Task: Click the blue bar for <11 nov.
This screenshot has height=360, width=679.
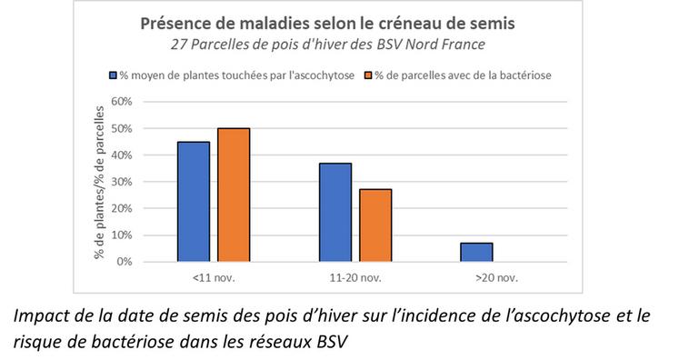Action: click(193, 202)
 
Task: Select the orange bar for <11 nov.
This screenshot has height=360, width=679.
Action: click(234, 195)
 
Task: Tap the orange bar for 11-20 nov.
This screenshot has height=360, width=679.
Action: click(375, 225)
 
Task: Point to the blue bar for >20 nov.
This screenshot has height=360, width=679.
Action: click(476, 252)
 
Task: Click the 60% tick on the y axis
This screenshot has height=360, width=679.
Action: click(122, 102)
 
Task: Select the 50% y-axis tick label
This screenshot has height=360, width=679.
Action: click(122, 128)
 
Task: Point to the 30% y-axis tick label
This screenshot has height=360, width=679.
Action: click(122, 182)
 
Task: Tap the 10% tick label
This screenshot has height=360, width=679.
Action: click(122, 235)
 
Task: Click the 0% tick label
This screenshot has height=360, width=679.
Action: click(125, 262)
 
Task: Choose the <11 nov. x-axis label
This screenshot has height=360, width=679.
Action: click(214, 275)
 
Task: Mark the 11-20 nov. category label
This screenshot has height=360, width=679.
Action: click(355, 275)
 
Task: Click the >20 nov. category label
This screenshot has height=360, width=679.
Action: click(496, 275)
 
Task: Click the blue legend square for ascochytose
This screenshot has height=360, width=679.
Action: click(114, 75)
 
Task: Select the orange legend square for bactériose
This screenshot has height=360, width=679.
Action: click(369, 75)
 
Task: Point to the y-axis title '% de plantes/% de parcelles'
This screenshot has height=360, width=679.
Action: click(98, 182)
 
